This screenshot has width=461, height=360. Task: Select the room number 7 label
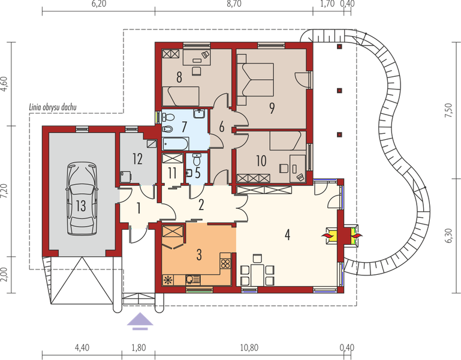pyautogui.click(x=184, y=127)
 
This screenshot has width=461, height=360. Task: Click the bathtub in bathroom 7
pyautogui.click(x=176, y=144)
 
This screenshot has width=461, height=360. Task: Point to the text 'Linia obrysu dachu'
pyautogui.click(x=53, y=107)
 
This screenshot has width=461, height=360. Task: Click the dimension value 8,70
pyautogui.click(x=234, y=4)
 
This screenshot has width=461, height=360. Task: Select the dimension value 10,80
pyautogui.click(x=249, y=347)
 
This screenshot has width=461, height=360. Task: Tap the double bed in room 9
pyautogui.click(x=255, y=79)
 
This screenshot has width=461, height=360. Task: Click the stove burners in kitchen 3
pyautogui.click(x=226, y=263)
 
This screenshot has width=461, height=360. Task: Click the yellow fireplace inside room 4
pyautogui.click(x=331, y=235)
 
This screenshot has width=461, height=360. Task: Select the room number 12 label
pyautogui.click(x=137, y=159)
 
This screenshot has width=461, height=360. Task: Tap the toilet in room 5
pyautogui.click(x=197, y=160)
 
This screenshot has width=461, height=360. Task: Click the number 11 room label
pyautogui.click(x=172, y=173)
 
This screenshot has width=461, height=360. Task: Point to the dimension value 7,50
pyautogui.click(x=448, y=110)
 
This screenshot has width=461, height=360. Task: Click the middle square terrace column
pyautogui.click(x=339, y=91)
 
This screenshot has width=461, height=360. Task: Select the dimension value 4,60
pyautogui.click(x=4, y=84)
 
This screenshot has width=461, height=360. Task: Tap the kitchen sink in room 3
pyautogui.click(x=193, y=280)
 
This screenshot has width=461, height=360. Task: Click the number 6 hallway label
pyautogui.click(x=221, y=127)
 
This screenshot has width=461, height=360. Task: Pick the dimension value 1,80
pyautogui.click(x=138, y=347)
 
